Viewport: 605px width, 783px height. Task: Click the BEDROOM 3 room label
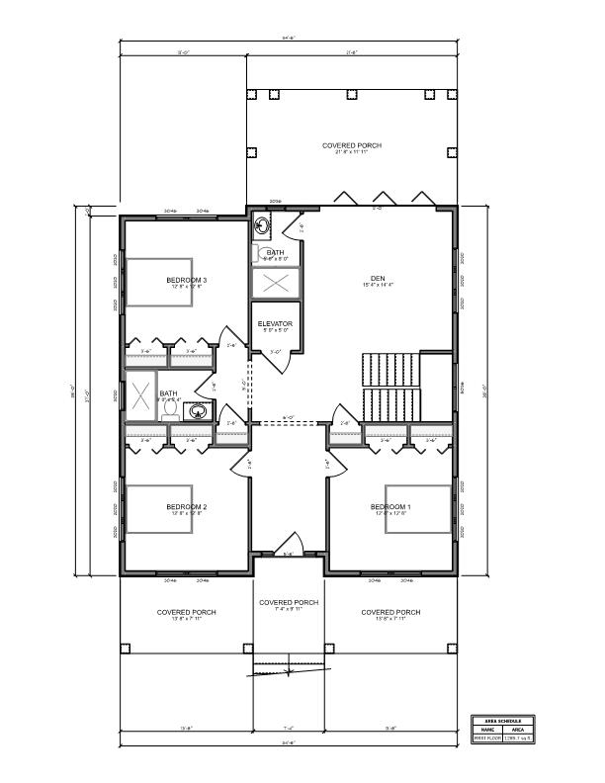point(186,281)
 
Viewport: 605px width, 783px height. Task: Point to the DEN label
point(377,279)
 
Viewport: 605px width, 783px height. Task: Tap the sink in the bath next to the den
point(262,225)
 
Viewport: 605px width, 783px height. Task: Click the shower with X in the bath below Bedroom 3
point(140,396)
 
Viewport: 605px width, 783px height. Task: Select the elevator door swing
point(282,358)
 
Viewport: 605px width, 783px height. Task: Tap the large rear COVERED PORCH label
point(351,145)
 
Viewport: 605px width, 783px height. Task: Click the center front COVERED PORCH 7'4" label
point(288,603)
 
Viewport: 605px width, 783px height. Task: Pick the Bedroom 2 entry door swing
point(242,462)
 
